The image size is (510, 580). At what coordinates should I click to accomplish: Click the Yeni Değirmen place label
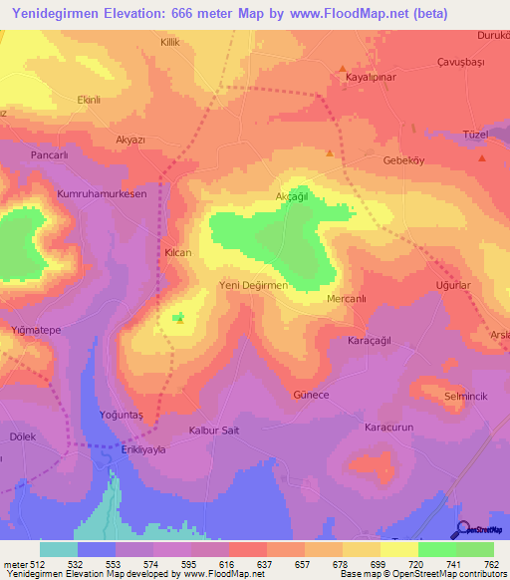click(253, 285)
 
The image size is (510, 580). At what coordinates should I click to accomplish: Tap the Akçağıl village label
click(293, 196)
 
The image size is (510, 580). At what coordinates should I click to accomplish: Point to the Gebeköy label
click(404, 159)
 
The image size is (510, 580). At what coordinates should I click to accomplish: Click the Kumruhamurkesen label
click(102, 194)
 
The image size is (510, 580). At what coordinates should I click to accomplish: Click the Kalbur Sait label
click(214, 430)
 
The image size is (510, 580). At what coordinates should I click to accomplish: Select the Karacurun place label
click(387, 427)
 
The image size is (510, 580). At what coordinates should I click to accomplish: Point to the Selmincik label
click(465, 397)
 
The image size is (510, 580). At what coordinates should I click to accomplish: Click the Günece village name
click(311, 394)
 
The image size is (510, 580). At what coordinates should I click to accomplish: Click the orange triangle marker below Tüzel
click(482, 157)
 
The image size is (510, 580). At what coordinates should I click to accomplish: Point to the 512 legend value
click(39, 564)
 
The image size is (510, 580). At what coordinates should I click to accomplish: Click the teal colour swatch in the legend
click(58, 549)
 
